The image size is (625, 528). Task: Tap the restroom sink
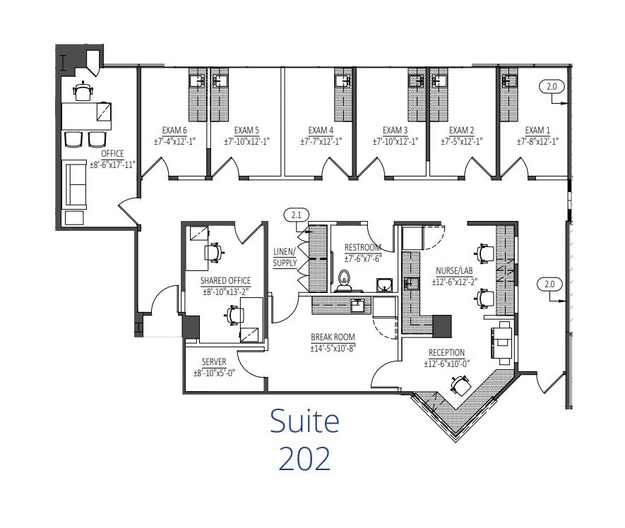pos(383,284)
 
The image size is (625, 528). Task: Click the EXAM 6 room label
pos(174,131)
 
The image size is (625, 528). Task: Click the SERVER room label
pos(214,362)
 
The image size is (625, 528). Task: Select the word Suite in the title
pos(304,421)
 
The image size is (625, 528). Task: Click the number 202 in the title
pos(304,459)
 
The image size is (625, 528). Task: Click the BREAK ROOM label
pos(332,337)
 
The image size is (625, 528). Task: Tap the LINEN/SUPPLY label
pos(285,258)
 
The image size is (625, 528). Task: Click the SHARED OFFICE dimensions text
pos(226,292)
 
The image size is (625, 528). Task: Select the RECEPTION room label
pos(446,353)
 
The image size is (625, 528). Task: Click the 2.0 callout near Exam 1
pos(552,87)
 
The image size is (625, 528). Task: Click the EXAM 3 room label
pos(395,131)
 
